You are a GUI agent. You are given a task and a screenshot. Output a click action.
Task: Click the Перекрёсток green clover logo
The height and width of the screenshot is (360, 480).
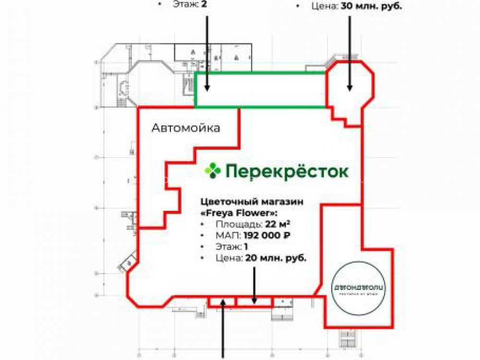pos(212,170)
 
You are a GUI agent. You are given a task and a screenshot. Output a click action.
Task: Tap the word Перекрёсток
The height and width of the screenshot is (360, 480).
pos(287,171)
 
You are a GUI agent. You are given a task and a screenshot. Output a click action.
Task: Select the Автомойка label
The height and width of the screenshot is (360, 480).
pos(186,128)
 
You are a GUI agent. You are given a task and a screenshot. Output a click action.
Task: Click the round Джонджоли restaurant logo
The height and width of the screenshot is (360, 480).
pos(359,288)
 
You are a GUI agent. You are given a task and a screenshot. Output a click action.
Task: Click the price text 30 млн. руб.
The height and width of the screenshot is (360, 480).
pos(372,6)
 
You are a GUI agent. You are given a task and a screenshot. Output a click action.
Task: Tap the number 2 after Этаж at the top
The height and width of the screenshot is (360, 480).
pos(204,4)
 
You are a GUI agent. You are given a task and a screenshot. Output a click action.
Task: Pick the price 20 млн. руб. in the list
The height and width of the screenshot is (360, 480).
pos(276,258)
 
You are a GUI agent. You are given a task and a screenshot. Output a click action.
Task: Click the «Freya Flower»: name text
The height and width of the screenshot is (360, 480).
pos(238,213)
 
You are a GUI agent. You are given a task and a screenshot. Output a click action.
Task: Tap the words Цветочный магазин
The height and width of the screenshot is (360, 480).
pos(252,202)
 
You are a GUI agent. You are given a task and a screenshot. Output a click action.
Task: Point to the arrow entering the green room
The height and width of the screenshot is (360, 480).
pos(207,53)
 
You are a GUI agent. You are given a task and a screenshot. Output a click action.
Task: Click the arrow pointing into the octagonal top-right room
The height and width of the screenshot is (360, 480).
pos(349,53)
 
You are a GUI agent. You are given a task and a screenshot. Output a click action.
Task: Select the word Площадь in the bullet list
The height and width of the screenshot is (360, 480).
pos(238,225)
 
